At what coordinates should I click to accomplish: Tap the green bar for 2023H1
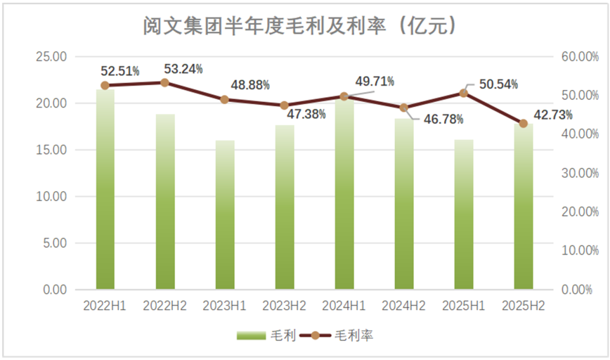coord(225,215)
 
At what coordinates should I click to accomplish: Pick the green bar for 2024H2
coord(404,203)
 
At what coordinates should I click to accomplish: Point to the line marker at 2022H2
coord(165,83)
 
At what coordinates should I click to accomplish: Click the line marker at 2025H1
coord(464,93)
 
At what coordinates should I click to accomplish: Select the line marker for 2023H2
coord(284,106)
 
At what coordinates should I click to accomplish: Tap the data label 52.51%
coord(120,71)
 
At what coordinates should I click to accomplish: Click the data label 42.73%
coord(552,115)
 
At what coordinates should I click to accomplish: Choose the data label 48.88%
coord(250,85)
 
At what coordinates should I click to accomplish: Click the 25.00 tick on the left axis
coord(51,57)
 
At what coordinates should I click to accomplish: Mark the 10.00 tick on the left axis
coord(51,197)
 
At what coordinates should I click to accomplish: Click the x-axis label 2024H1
coord(344,306)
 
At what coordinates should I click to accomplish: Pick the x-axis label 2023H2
coord(284,306)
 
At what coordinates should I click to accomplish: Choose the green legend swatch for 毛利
coord(251,336)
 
